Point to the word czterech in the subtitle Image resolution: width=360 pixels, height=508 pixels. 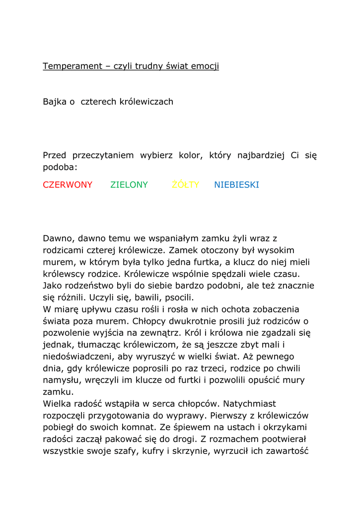coord(97,102)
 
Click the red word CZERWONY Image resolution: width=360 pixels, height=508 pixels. coord(68,185)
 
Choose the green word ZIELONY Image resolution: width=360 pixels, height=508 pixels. coord(129,185)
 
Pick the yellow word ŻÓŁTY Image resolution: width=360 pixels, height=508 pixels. coord(185,185)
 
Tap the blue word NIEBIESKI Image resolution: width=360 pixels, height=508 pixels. coord(236,185)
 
